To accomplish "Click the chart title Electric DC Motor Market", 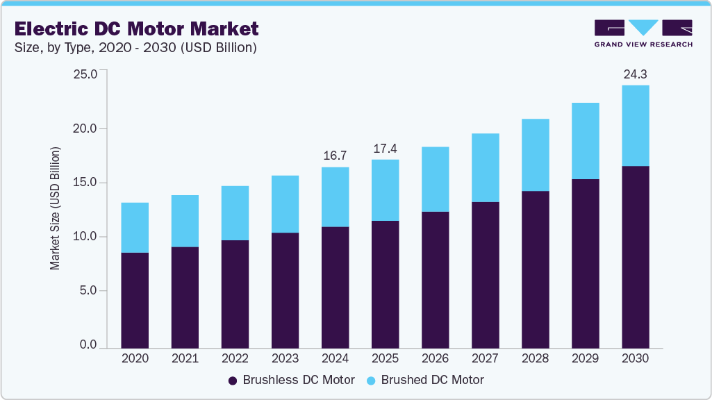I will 137,28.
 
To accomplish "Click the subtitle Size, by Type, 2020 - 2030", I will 135,48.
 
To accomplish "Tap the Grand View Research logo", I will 643,33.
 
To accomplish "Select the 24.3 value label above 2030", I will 635,74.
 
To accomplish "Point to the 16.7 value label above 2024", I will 335,156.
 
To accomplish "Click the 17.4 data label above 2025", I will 385,149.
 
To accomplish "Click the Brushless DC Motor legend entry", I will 292,380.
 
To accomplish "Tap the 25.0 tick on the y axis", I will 85,74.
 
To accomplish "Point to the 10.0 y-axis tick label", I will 85,237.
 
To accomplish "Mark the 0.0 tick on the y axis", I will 88,345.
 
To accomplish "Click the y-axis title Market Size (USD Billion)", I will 55,208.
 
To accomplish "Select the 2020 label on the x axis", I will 135,359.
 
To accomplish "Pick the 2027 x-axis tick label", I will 485,359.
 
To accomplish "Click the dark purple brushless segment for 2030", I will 635,257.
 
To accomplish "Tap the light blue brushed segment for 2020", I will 135,228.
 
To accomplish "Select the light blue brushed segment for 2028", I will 535,155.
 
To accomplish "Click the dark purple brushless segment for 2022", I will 235,294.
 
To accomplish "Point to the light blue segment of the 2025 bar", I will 385,190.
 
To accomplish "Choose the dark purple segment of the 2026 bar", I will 435,279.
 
